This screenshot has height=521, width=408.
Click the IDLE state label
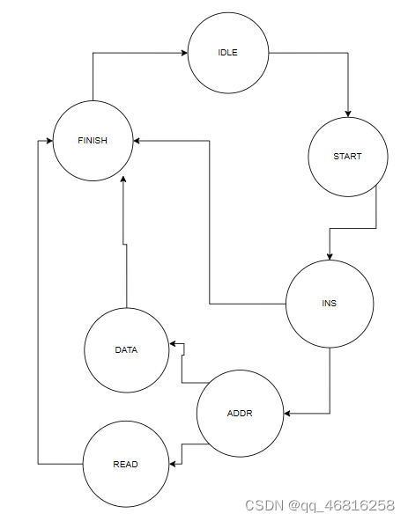pyautogui.click(x=228, y=53)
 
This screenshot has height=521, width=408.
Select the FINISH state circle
pyautogui.click(x=93, y=141)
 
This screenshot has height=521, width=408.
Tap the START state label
pyautogui.click(x=347, y=157)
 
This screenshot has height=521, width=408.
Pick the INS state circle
pyautogui.click(x=330, y=304)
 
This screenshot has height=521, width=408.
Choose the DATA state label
pyautogui.click(x=126, y=349)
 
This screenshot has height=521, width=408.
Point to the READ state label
pyautogui.click(x=124, y=464)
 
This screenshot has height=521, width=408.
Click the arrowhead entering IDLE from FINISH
pyautogui.click(x=183, y=53)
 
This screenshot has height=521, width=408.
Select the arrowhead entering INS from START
pyautogui.click(x=330, y=256)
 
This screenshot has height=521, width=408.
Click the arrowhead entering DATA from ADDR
pyautogui.click(x=174, y=344)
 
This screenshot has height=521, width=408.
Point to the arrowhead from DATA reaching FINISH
pyautogui.click(x=123, y=180)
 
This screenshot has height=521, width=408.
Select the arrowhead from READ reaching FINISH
pyautogui.click(x=46, y=141)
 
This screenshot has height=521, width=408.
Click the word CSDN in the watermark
pyautogui.click(x=262, y=506)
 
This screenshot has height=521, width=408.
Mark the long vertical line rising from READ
pyautogui.click(x=37, y=308)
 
